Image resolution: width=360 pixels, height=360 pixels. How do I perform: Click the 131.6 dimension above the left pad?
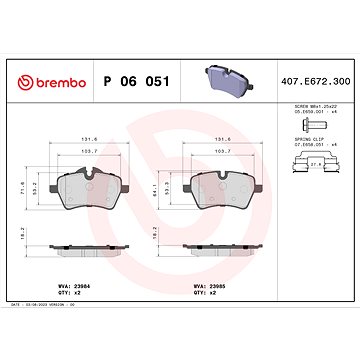pos(91,136)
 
